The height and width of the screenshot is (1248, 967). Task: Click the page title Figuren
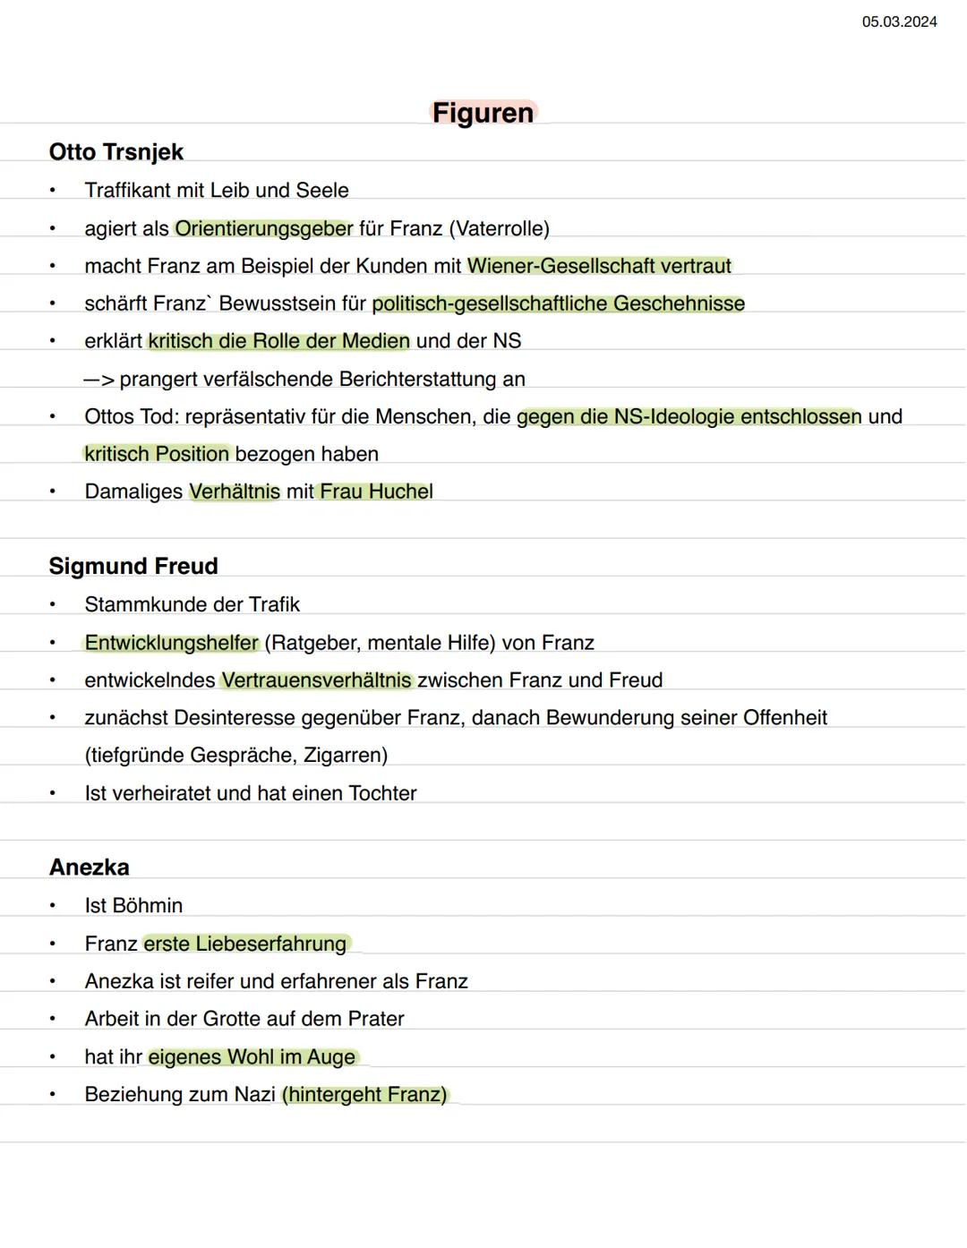[x=483, y=113]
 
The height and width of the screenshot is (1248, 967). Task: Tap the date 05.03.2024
[x=899, y=21]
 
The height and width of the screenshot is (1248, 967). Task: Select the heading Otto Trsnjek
[x=116, y=152]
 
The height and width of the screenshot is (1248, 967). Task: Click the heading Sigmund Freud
[x=133, y=566]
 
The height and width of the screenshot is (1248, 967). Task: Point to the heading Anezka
[x=90, y=867]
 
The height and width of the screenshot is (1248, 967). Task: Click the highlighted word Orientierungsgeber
[x=264, y=228]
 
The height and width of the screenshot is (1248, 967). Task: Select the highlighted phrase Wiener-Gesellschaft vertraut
[x=599, y=266]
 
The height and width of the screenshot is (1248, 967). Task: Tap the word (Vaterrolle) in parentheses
[x=500, y=228]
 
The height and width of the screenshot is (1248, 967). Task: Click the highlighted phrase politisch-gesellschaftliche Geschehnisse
[x=559, y=303]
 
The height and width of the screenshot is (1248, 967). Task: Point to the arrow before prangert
[x=99, y=380]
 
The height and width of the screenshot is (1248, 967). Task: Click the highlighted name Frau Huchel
[x=376, y=492]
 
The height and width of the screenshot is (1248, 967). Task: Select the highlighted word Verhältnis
[x=235, y=492]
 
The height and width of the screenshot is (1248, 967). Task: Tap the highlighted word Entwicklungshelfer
[x=171, y=643]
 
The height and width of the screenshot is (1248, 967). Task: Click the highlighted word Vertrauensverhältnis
[x=316, y=680]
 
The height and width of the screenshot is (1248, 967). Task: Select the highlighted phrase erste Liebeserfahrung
[x=246, y=944]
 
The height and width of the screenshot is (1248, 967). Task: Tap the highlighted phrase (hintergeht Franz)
[x=364, y=1094]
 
